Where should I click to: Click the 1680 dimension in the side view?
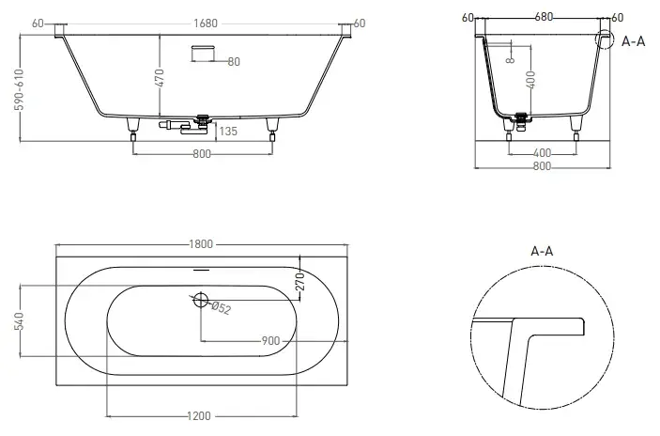click(x=206, y=23)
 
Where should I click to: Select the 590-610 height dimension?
click(x=20, y=89)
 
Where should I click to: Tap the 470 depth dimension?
click(x=160, y=78)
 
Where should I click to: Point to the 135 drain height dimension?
click(x=228, y=132)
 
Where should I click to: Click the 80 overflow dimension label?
click(x=234, y=62)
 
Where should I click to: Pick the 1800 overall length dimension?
click(x=201, y=244)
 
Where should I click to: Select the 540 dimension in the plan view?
click(x=20, y=321)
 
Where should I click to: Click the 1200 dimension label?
click(x=199, y=416)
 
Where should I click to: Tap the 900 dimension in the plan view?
click(x=270, y=340)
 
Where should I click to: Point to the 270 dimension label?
click(x=299, y=282)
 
